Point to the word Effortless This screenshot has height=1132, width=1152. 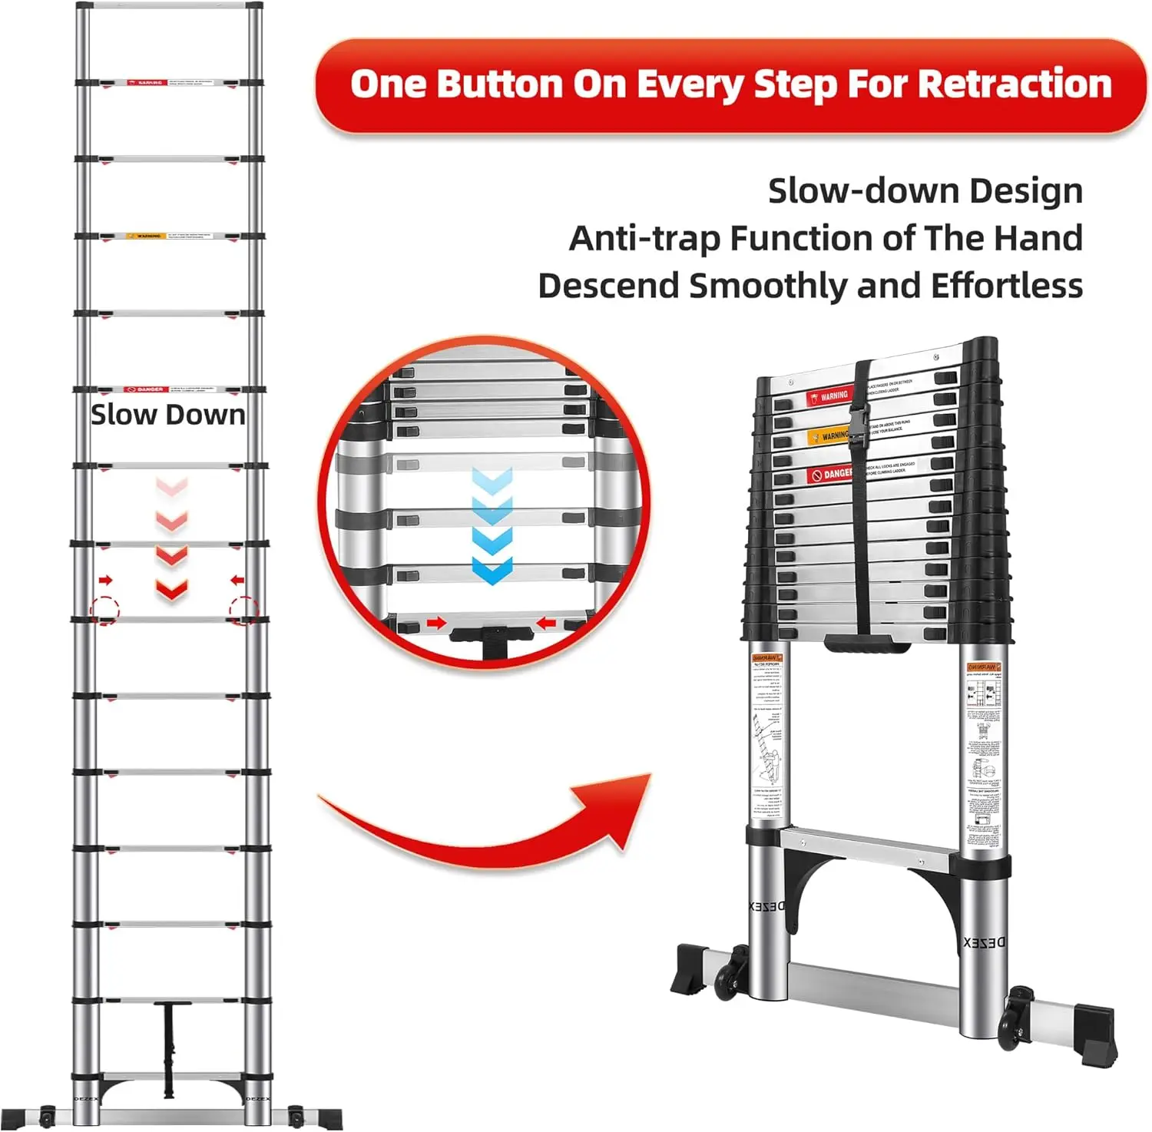point(1007,286)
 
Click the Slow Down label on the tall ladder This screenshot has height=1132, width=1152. point(168,415)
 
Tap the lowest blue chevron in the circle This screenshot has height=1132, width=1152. point(492,571)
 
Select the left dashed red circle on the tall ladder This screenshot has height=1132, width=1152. point(105,610)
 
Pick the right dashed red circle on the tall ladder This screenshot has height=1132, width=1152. point(243,610)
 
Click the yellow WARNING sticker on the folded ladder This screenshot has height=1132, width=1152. point(830,436)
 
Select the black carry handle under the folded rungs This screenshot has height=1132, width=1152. point(869,644)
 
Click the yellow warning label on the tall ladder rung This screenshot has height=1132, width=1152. point(144,236)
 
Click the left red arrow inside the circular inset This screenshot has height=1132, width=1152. point(436,622)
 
